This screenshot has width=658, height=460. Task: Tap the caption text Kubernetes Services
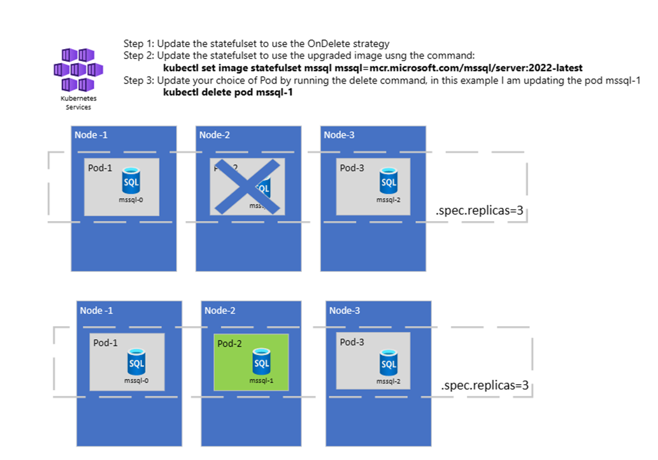pyautogui.click(x=78, y=103)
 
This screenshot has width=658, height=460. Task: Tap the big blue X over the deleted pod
pyautogui.click(x=247, y=186)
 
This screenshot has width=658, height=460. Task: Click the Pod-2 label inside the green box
pyautogui.click(x=230, y=344)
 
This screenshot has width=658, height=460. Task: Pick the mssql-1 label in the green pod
pyautogui.click(x=261, y=380)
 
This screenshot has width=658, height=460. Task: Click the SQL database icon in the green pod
pyautogui.click(x=261, y=362)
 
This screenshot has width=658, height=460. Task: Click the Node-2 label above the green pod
pyautogui.click(x=220, y=310)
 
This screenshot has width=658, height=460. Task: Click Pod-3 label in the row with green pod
pyautogui.click(x=352, y=342)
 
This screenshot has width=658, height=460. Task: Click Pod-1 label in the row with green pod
pyautogui.click(x=106, y=343)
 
